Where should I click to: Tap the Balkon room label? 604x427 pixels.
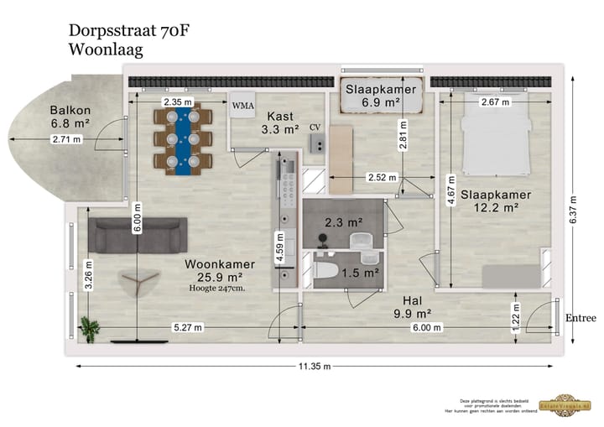[x=70, y=117]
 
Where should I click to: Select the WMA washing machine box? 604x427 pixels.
[x=243, y=106]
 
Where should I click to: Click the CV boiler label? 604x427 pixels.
[x=315, y=127]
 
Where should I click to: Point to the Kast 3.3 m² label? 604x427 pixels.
[x=279, y=122]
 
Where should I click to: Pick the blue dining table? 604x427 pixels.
[x=181, y=139]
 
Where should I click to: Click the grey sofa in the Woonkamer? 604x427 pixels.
[x=138, y=235]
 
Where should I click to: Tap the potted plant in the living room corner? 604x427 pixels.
[x=90, y=329]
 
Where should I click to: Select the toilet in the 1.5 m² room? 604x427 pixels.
[x=329, y=270]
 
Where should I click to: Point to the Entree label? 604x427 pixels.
[x=580, y=318]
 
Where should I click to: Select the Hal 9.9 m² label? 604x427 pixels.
[x=411, y=307]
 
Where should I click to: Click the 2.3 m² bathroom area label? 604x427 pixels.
[x=343, y=222]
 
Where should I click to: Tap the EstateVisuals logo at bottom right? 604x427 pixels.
[x=570, y=404]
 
